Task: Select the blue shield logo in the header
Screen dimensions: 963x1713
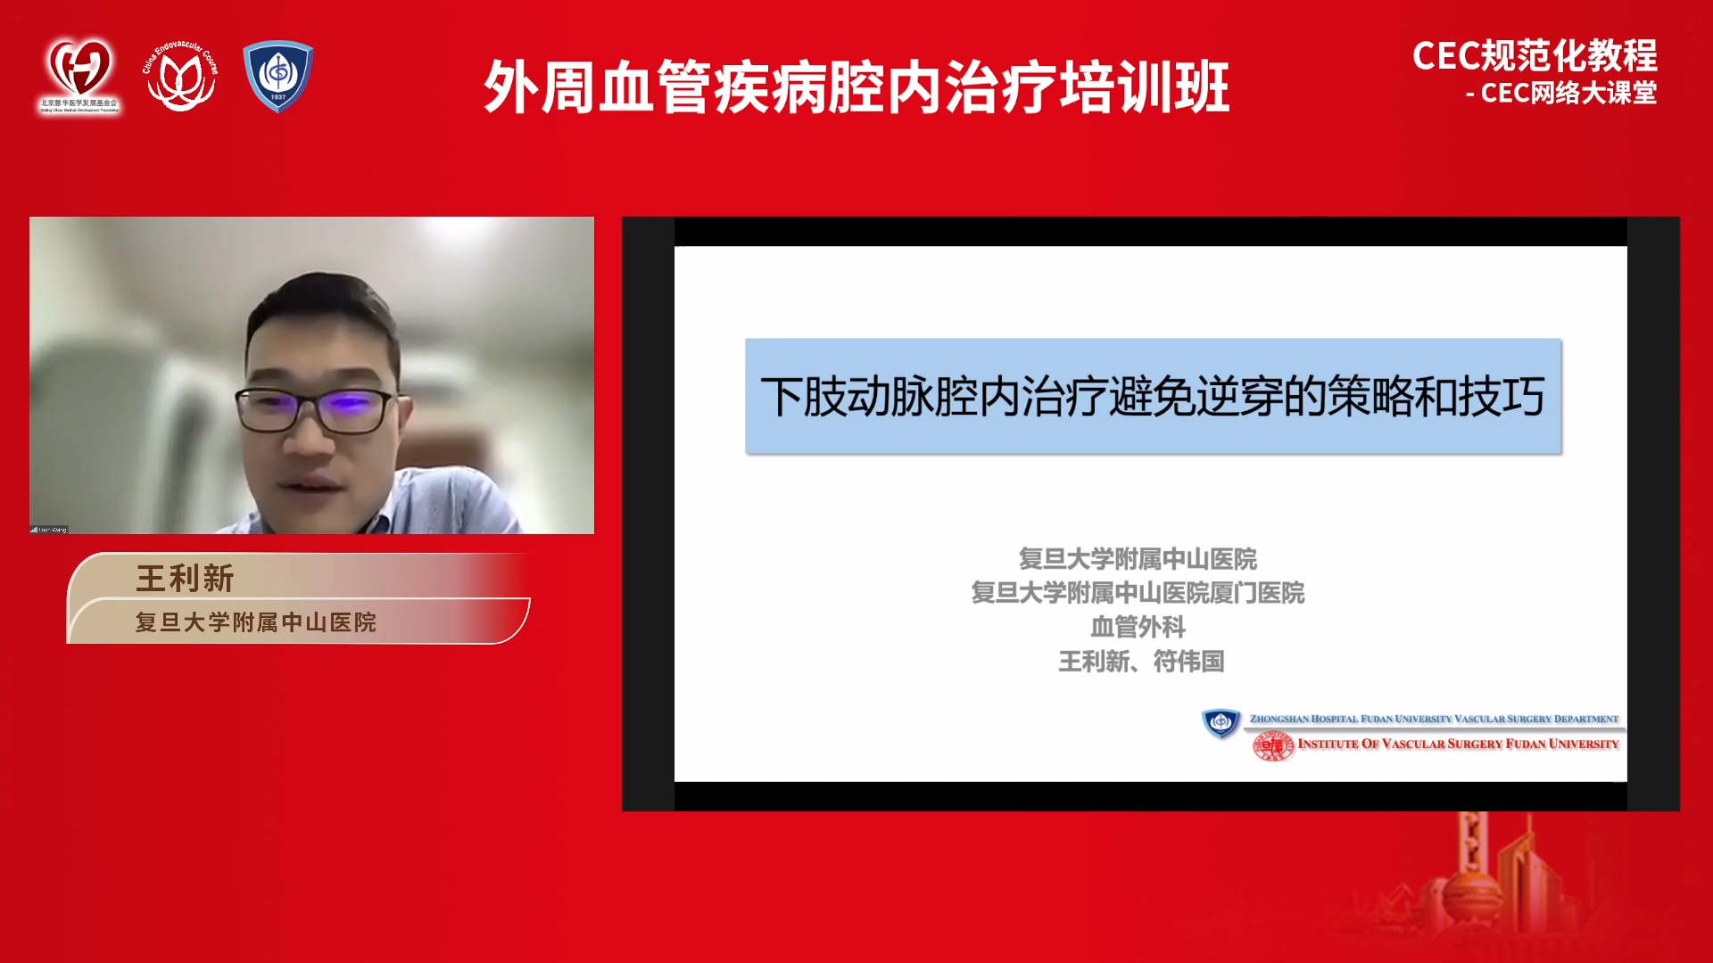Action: click(x=278, y=76)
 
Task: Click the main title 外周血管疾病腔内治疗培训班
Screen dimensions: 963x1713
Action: click(x=856, y=87)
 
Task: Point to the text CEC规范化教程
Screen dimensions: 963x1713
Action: click(x=1535, y=56)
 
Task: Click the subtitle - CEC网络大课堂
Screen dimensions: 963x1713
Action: click(x=1560, y=93)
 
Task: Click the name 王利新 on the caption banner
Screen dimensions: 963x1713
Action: click(x=186, y=578)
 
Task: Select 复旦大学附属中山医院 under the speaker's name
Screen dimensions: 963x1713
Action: click(x=256, y=622)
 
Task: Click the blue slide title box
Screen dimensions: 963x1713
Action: click(x=1153, y=396)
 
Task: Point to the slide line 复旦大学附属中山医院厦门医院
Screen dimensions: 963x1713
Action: click(x=1138, y=593)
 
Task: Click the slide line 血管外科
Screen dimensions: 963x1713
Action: click(x=1138, y=627)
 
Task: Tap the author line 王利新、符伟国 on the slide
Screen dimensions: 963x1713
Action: click(x=1140, y=662)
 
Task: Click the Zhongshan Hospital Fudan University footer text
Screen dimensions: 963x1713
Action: click(x=1433, y=719)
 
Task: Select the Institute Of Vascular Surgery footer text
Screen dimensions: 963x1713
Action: click(x=1458, y=744)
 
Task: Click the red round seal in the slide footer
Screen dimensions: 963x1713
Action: click(x=1273, y=745)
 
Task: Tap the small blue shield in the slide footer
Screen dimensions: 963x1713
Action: click(x=1221, y=721)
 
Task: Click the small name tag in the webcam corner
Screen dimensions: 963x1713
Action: click(x=49, y=530)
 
